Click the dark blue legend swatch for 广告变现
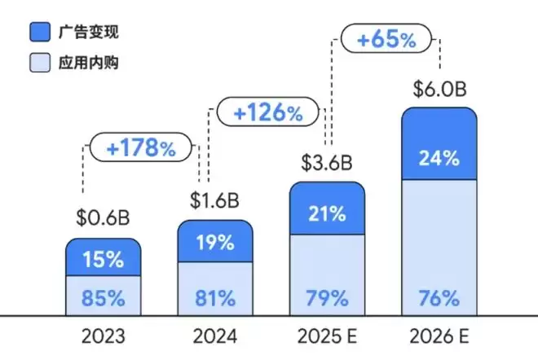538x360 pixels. pos(40,33)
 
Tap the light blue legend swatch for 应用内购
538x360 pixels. pos(40,62)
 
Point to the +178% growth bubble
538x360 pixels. pos(140,148)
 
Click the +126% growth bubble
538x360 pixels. pos(266,112)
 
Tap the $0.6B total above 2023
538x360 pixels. pos(104,218)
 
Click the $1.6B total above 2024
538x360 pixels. pos(214,199)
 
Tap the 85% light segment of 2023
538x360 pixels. pos(104,297)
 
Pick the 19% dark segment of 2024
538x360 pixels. pos(215,242)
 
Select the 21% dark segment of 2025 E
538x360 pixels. pos(327,214)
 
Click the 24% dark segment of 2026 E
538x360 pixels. pos(439,158)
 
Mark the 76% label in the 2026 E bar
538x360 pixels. pos(439,297)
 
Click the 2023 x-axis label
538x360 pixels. pos(104,336)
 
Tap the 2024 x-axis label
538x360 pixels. pos(215,336)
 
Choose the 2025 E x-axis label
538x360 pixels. pos(327,336)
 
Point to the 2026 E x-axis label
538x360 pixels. pos(439,336)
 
